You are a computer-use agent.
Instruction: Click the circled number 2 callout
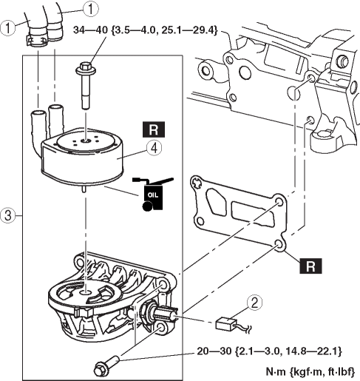254,302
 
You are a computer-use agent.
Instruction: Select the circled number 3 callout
7,215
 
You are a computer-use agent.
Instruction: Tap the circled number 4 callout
154,148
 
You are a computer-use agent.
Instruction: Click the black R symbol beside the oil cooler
154,129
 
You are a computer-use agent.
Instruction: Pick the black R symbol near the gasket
310,266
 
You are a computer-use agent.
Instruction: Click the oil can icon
153,194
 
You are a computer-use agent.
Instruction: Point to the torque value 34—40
91,30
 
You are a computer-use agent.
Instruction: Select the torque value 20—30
214,351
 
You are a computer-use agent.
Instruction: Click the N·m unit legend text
310,371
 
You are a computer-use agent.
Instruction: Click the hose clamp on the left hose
37,39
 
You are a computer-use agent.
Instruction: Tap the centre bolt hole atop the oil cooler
86,141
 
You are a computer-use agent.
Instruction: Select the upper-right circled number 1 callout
91,10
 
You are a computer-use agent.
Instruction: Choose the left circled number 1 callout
7,27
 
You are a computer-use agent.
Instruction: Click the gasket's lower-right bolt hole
279,245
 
